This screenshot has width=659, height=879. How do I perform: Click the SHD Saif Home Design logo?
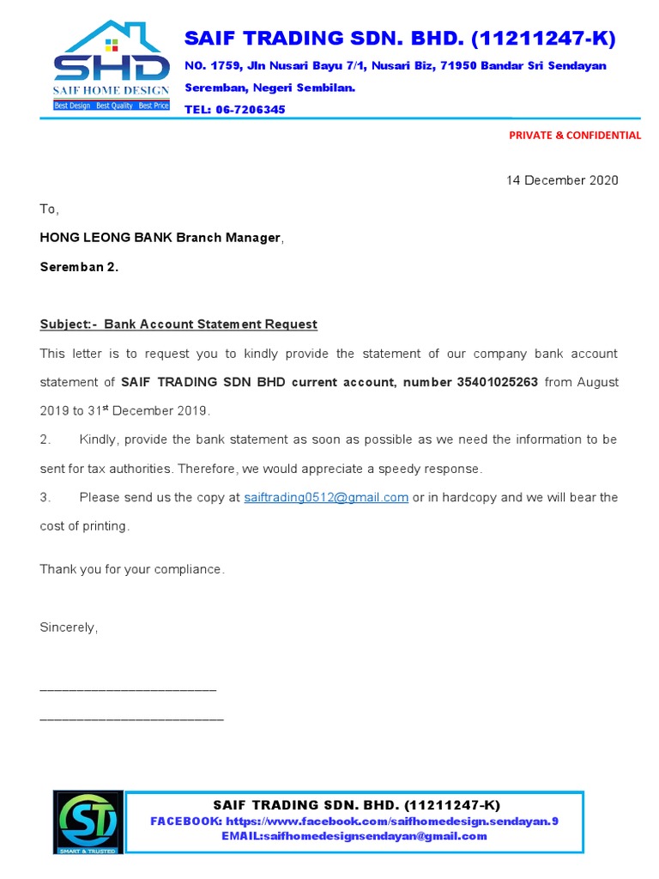click(x=111, y=64)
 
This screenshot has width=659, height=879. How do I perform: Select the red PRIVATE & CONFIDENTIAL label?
click(x=574, y=135)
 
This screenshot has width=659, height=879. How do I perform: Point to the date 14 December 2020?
click(x=561, y=180)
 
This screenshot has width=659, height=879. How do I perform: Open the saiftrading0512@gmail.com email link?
click(x=326, y=498)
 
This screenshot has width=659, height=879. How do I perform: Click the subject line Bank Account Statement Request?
click(x=210, y=324)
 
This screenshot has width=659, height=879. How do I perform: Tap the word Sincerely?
click(x=69, y=627)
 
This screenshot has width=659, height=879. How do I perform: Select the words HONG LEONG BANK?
click(x=106, y=238)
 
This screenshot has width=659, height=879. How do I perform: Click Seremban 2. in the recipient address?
click(x=79, y=267)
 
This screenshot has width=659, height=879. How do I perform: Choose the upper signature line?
click(x=128, y=690)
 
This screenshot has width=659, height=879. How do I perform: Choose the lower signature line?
click(x=131, y=718)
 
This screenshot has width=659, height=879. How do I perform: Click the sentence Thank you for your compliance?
click(x=132, y=569)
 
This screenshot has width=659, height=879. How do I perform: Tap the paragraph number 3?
click(x=46, y=498)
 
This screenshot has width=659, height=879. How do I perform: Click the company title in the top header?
click(x=400, y=38)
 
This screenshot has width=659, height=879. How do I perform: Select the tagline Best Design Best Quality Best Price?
click(x=112, y=106)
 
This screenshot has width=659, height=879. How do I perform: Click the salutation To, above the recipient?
click(x=50, y=209)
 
